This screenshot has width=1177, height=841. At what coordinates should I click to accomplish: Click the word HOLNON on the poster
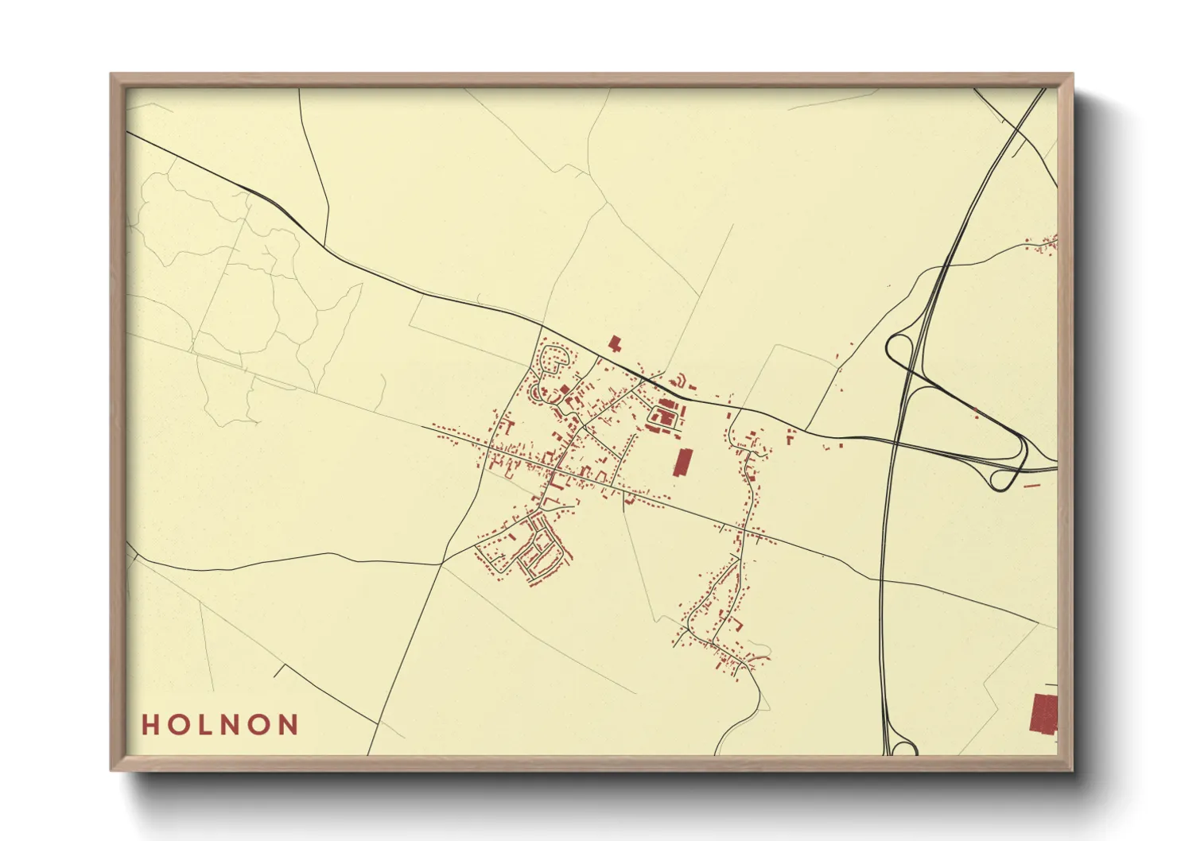(220, 725)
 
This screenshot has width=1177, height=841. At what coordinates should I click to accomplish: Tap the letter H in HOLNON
(150, 725)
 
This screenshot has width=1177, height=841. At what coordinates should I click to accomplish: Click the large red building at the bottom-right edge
(1043, 713)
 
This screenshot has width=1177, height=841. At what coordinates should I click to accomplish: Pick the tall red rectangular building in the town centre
(682, 462)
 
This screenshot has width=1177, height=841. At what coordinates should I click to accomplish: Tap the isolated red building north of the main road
(614, 343)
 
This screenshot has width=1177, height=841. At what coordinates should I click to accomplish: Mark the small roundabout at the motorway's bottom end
(903, 749)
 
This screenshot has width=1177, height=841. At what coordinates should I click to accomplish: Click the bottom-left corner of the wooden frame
(112, 769)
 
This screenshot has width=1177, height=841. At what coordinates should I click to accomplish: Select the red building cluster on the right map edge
(1046, 244)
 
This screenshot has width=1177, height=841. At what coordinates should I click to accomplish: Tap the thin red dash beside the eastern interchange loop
(1031, 484)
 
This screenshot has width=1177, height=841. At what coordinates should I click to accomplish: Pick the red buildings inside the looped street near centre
(663, 415)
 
